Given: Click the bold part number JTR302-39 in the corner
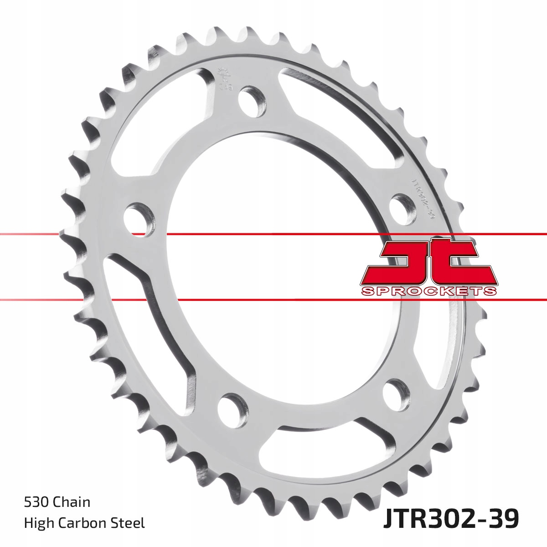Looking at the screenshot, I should point(450,518).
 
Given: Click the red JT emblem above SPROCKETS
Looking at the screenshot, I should point(428,262).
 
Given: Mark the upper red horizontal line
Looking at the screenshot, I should point(273,234).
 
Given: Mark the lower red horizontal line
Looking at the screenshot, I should point(273,299).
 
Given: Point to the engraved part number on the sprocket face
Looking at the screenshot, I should point(423,199).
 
